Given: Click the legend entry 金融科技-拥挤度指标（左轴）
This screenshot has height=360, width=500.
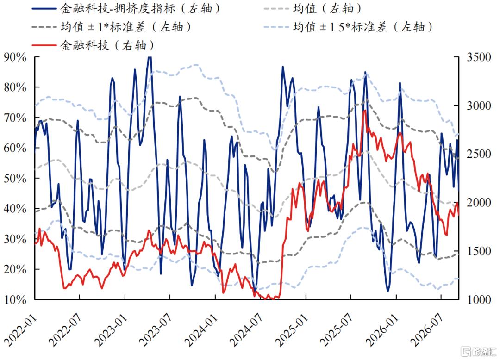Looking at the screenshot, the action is pos(126,8).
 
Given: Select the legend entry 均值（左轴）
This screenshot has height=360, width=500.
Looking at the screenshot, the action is pos(312,8).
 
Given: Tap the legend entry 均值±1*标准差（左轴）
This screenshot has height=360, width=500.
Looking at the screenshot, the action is pos(112,27).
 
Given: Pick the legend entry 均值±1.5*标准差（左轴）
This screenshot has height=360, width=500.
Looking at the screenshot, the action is pos(349,27).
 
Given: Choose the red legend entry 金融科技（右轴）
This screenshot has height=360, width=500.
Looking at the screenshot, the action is pos(93,45).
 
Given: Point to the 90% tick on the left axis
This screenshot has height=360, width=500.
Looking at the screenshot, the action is pos(15,57).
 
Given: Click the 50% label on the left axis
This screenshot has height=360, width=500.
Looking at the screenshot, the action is pos(15,179).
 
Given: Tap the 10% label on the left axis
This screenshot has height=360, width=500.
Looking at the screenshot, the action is pos(15,299).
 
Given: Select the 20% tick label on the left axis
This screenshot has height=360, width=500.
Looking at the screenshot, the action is pos(15,269).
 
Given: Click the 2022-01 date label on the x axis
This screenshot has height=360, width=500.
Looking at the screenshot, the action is pos(20,331).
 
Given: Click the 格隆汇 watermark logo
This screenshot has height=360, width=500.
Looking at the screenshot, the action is pos(480,351).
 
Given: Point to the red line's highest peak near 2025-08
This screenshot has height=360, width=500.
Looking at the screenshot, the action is pos(364,111).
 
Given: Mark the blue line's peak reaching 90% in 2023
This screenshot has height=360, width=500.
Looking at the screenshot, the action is pos(149,57).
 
